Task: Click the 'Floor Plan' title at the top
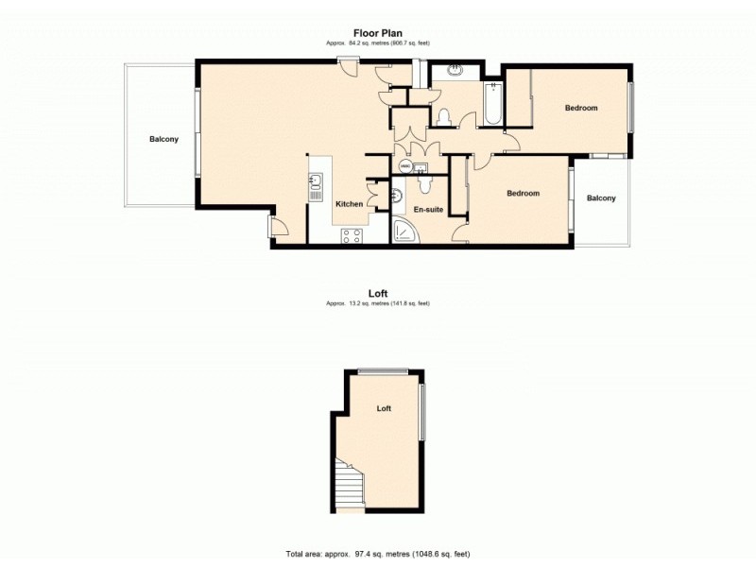click(378, 32)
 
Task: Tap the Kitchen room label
click(350, 204)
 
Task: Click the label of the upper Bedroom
click(581, 108)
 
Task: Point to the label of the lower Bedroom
click(523, 194)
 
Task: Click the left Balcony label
click(163, 140)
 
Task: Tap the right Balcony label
click(601, 198)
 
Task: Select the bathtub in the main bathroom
click(491, 105)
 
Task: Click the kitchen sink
click(317, 182)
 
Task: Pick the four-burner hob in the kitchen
click(352, 236)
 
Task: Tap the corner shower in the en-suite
click(404, 232)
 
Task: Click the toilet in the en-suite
click(398, 195)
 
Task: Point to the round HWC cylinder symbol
click(404, 167)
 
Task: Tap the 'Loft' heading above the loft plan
click(378, 294)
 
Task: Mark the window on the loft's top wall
click(383, 370)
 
